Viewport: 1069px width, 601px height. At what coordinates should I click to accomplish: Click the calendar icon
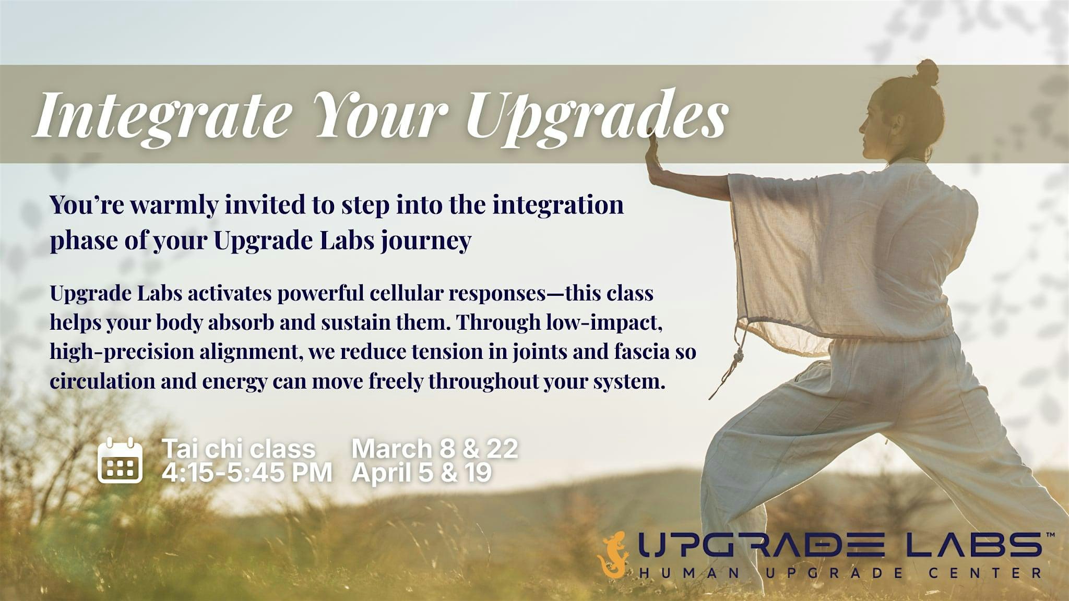120,460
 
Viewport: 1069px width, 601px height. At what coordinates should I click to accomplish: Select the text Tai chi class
239,449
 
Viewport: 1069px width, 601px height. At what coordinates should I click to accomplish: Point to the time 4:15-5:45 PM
246,473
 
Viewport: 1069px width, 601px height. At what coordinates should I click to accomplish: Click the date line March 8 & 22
435,449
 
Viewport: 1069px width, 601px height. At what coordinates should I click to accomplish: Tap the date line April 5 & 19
422,473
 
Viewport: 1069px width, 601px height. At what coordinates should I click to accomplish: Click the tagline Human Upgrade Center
840,573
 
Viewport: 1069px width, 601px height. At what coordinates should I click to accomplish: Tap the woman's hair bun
927,72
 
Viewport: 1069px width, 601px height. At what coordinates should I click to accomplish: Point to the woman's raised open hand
652,154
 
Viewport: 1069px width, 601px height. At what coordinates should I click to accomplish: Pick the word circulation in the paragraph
102,381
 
